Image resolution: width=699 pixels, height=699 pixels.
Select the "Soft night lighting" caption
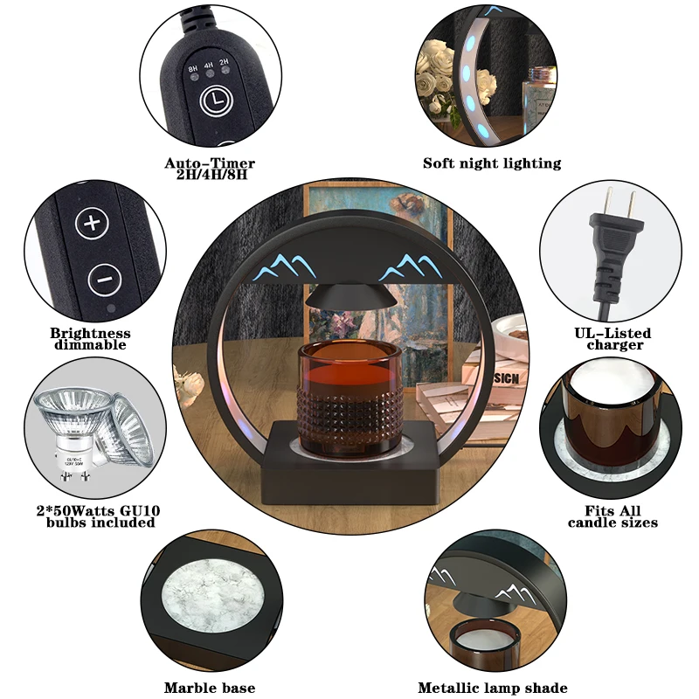492,163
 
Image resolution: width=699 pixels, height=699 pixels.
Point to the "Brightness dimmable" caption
90,339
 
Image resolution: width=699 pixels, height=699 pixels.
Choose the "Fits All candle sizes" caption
612,516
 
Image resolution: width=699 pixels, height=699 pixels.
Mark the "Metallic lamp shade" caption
493,689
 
